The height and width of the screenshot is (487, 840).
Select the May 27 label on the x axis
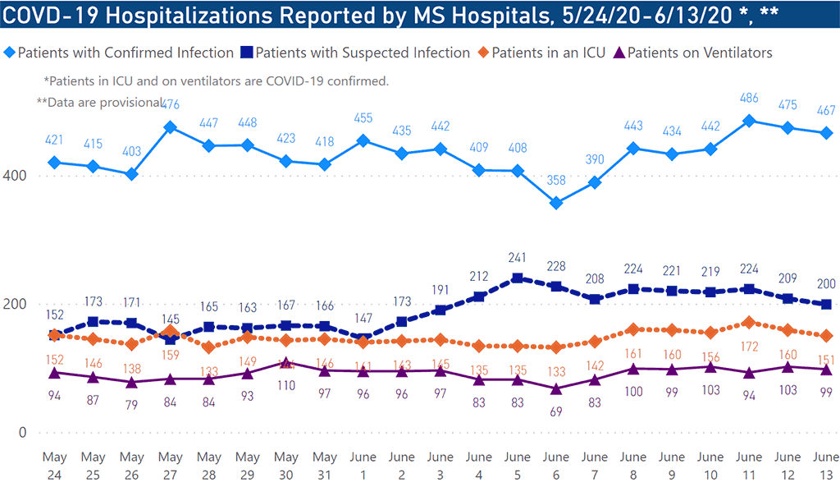(171, 464)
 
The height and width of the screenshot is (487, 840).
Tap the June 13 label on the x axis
(824, 464)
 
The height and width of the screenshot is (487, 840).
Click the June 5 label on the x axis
(517, 464)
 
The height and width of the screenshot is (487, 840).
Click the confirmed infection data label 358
(556, 180)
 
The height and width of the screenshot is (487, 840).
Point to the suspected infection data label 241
(517, 255)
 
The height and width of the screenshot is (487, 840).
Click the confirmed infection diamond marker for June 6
(556, 203)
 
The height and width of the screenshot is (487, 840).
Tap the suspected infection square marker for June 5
(517, 278)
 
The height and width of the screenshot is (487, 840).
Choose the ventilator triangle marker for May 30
(286, 362)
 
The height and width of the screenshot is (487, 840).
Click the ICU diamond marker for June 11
(748, 323)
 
